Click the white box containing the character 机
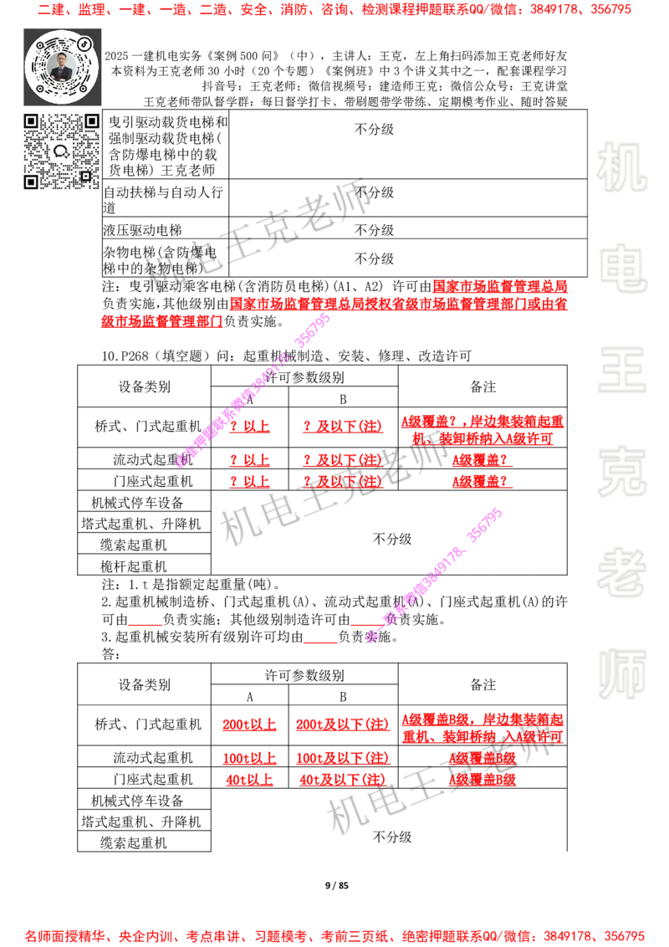(621, 167)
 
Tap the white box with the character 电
(625, 268)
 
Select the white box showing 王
(621, 371)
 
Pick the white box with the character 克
(621, 472)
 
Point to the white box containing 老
(621, 572)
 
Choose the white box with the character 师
(621, 676)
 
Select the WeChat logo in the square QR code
(61, 151)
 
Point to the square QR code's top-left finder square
(31, 121)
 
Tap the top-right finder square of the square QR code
(91, 121)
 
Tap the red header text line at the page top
(334, 11)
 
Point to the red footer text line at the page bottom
(334, 936)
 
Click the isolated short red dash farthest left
(144, 625)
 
